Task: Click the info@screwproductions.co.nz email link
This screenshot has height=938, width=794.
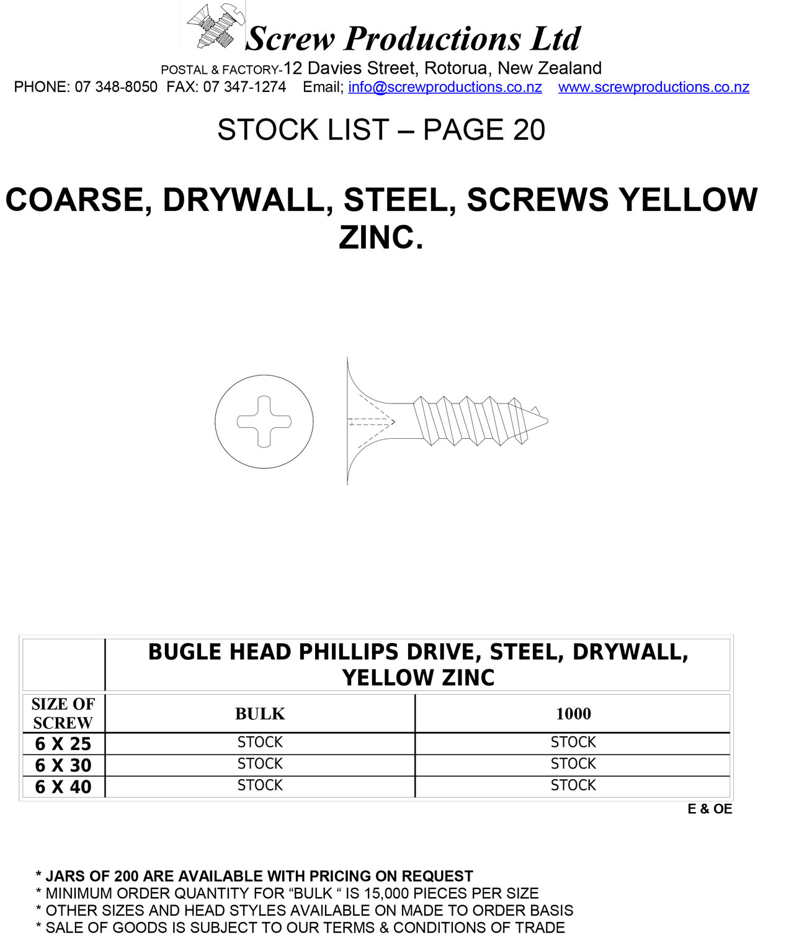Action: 445,87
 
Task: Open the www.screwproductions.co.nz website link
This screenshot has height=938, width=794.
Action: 653,87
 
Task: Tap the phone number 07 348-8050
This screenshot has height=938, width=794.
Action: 116,87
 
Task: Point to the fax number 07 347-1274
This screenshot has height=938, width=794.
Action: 244,87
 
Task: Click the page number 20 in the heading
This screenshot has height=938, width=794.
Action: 529,130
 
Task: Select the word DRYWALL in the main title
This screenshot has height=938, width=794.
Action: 243,200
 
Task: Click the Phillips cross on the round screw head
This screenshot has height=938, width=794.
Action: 264,421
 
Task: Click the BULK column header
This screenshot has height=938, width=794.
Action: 260,714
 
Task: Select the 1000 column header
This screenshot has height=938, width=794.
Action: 573,714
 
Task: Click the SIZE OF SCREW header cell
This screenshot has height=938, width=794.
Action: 63,713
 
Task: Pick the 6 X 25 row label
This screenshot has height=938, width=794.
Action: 63,744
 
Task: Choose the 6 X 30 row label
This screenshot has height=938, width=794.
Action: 63,765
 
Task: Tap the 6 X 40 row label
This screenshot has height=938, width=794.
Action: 63,787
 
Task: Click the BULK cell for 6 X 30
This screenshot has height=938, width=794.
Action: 260,764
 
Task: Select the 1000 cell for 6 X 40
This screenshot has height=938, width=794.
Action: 573,785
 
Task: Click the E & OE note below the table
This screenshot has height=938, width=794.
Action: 710,809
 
